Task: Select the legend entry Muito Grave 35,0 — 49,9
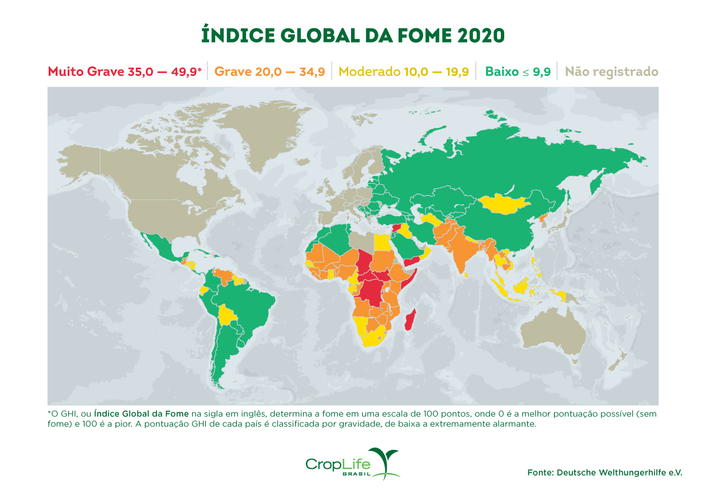click(x=124, y=72)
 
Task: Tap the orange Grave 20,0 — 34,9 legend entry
click(x=269, y=72)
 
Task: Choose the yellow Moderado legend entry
click(x=404, y=72)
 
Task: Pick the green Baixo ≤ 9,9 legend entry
click(x=518, y=72)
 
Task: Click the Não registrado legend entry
click(x=611, y=72)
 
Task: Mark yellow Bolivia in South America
click(x=227, y=315)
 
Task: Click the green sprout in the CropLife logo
click(x=387, y=459)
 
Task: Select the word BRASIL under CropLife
click(x=358, y=474)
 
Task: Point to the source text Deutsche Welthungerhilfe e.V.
click(x=619, y=472)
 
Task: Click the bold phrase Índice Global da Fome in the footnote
click(x=141, y=414)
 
